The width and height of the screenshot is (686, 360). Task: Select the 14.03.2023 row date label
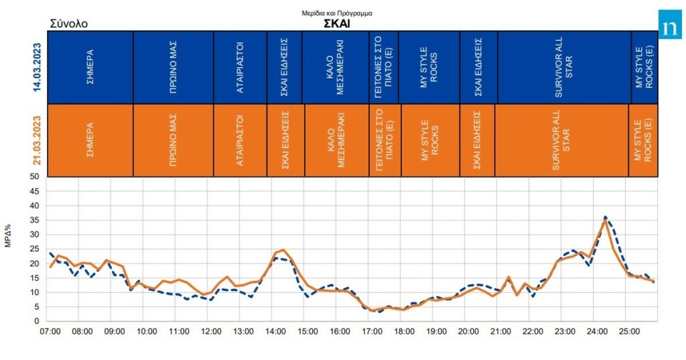click(x=38, y=67)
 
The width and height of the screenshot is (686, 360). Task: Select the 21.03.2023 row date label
click(x=38, y=140)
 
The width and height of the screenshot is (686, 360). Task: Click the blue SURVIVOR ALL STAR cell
click(x=564, y=67)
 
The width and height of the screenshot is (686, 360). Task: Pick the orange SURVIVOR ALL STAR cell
click(x=561, y=140)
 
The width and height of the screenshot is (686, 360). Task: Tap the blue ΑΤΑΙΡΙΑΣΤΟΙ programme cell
click(x=240, y=67)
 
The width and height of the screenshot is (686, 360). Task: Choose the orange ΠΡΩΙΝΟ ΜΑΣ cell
click(x=173, y=140)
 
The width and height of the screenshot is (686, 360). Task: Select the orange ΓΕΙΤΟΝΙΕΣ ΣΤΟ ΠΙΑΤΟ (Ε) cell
click(x=385, y=140)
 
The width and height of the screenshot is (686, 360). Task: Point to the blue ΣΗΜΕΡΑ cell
click(x=90, y=67)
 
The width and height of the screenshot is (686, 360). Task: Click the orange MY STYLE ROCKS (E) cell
click(x=642, y=140)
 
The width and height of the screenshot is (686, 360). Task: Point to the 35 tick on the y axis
click(x=36, y=220)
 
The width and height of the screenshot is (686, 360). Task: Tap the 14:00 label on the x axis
click(x=275, y=331)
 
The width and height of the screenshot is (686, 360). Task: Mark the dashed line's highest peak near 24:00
click(x=605, y=217)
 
